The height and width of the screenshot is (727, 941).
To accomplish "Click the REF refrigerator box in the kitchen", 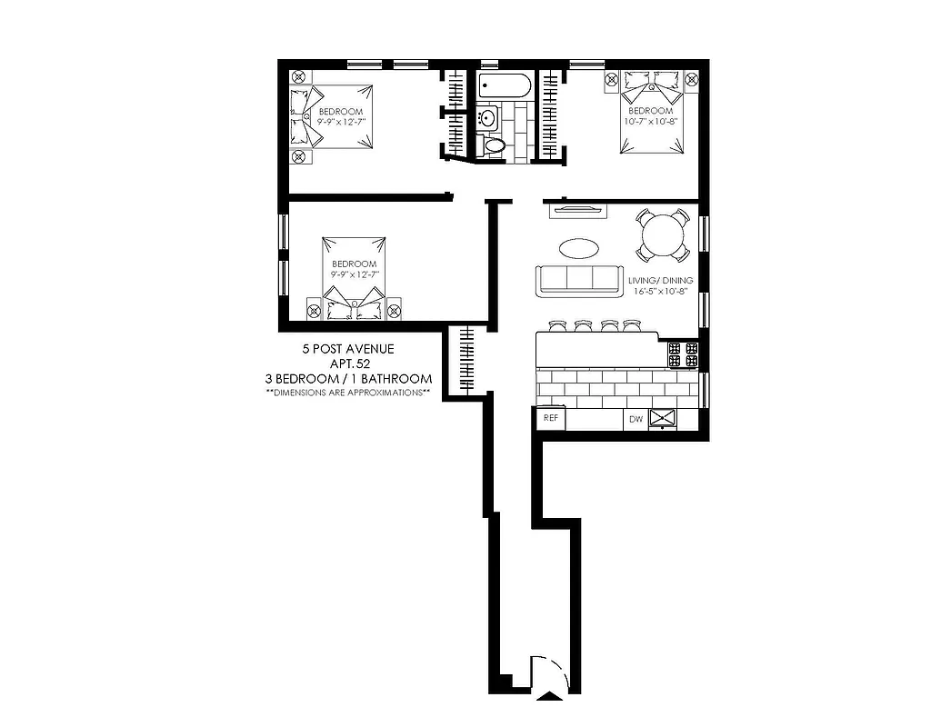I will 550,418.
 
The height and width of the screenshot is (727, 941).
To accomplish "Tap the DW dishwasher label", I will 635,419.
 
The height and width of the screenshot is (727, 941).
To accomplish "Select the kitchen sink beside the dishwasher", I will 664,418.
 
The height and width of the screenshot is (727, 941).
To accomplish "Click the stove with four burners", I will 683,354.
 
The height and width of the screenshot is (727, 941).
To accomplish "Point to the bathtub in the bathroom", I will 505,88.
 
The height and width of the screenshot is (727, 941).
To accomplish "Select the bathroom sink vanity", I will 488,118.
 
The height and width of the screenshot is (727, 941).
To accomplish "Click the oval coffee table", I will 578,247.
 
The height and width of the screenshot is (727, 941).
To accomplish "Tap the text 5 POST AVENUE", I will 348,349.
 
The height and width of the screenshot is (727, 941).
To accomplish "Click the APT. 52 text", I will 348,363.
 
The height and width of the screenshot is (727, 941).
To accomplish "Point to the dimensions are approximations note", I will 348,393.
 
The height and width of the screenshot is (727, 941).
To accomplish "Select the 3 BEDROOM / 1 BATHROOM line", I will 348,378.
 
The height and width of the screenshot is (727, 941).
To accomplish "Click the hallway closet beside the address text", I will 468,359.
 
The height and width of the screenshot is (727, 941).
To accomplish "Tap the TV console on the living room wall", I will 578,211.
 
